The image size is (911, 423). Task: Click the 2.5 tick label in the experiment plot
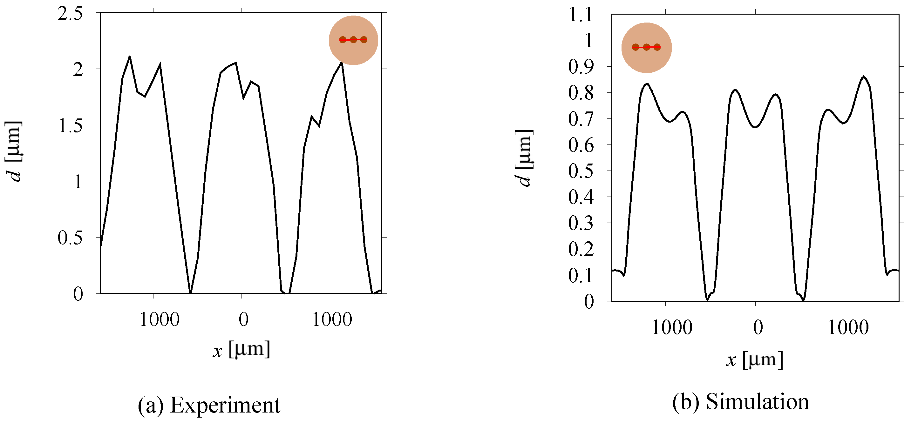click(70, 14)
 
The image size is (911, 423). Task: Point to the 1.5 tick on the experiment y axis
click(70, 126)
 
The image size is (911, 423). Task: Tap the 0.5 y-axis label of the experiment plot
click(70, 238)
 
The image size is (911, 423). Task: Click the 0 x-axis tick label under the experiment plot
click(244, 320)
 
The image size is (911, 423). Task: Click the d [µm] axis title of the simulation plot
click(524, 158)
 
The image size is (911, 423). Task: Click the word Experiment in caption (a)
click(225, 405)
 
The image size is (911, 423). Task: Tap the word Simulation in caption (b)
click(758, 402)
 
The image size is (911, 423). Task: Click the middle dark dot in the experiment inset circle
click(353, 40)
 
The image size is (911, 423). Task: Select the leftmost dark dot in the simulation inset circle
click(636, 47)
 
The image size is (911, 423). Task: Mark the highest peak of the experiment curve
click(129, 57)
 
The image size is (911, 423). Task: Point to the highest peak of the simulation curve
click(864, 77)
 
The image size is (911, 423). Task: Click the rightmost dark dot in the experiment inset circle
click(364, 40)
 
